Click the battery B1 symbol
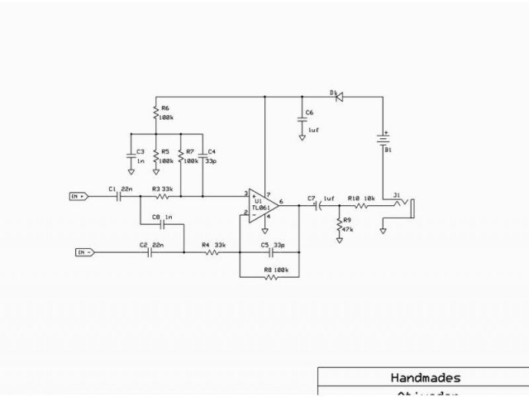pos(383,138)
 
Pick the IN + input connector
pos(79,196)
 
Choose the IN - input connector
pos(86,251)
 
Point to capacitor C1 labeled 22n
pos(120,196)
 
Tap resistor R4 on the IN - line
pos(211,252)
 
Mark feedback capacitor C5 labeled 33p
pos(271,252)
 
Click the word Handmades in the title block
pos(426,378)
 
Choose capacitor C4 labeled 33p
pos(203,155)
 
